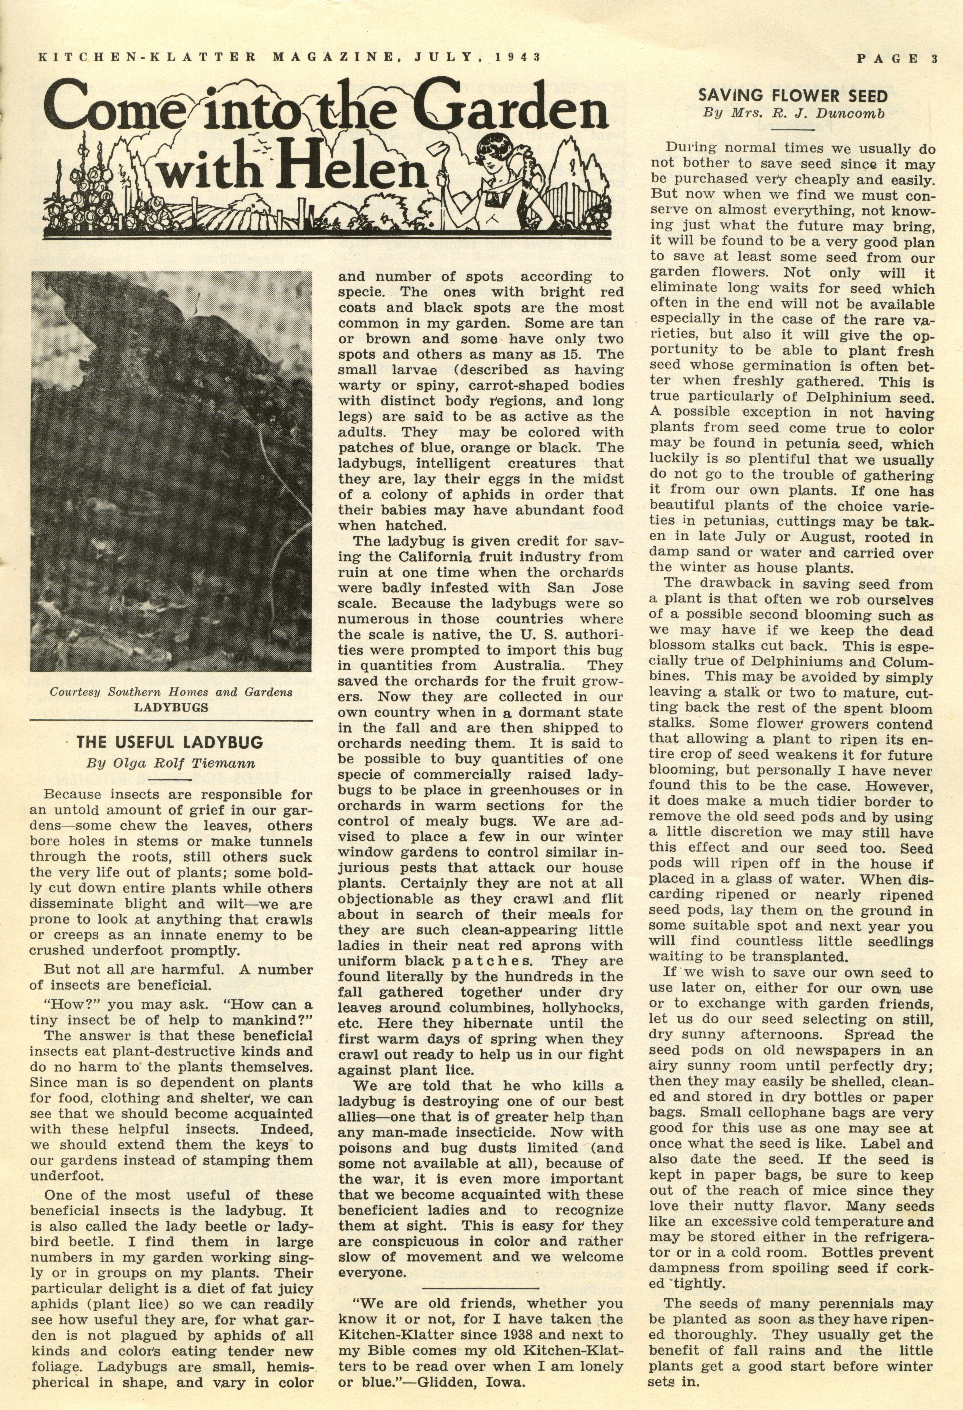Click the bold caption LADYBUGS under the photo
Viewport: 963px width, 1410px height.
click(171, 707)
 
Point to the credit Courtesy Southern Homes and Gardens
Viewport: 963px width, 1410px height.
click(171, 692)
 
